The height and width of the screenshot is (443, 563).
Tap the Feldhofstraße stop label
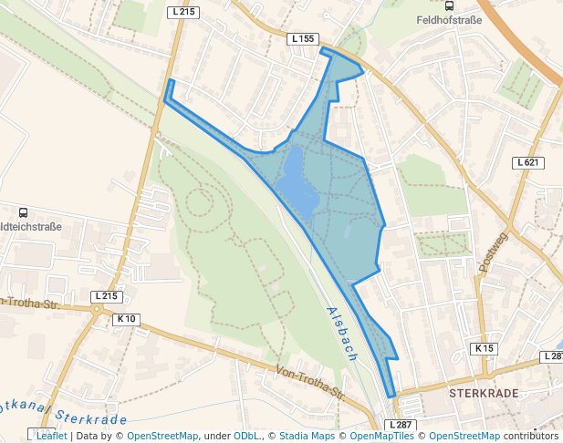tap(447, 19)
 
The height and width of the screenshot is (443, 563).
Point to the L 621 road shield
tap(528, 162)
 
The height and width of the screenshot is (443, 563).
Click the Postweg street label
tap(492, 252)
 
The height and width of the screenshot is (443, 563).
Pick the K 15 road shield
tap(484, 349)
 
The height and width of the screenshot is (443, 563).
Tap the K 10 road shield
tap(126, 319)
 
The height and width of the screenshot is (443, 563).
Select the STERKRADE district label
tap(484, 393)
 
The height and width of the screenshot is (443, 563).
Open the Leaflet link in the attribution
tap(51, 436)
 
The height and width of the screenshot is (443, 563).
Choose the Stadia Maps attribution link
tap(307, 436)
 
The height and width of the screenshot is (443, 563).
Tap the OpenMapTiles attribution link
tap(381, 436)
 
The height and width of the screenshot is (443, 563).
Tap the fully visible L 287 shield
tap(401, 426)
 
